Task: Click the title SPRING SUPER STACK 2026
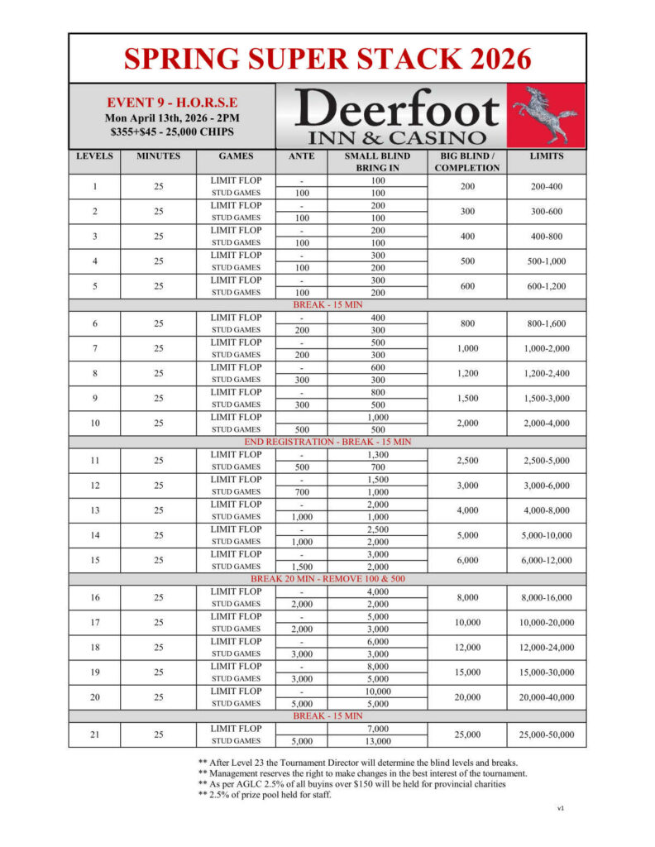(327, 59)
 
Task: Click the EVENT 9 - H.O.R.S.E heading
(172, 103)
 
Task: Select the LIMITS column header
(546, 156)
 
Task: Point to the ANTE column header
(301, 156)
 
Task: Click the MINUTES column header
(158, 156)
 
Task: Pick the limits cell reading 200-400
(546, 187)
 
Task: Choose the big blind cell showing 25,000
(467, 735)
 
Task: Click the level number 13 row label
(94, 510)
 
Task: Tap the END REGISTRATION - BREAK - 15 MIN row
(327, 442)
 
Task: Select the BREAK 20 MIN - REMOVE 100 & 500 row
(327, 579)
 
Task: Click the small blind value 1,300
(377, 454)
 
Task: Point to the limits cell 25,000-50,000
(546, 735)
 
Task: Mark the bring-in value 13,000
(377, 741)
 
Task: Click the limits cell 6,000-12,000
(546, 560)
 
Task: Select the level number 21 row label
(94, 735)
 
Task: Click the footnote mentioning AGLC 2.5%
(351, 783)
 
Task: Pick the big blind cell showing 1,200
(467, 373)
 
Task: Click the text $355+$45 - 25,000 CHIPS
(172, 132)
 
